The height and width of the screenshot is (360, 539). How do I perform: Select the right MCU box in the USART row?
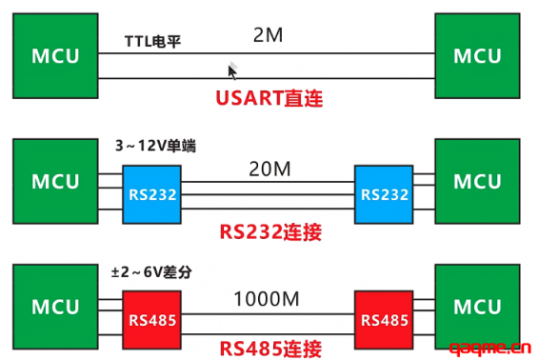pos(476,55)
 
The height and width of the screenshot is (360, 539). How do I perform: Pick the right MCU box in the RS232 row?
pos(476,182)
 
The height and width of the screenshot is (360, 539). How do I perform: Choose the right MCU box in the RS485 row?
pos(476,308)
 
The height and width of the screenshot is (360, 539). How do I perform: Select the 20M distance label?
pos(269,171)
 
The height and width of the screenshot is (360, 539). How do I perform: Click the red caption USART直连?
pos(269,97)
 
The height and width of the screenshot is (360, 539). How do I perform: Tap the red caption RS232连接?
pos(269,229)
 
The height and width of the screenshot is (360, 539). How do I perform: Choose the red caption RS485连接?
pos(269,348)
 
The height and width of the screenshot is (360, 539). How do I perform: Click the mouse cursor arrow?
pos(231,70)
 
